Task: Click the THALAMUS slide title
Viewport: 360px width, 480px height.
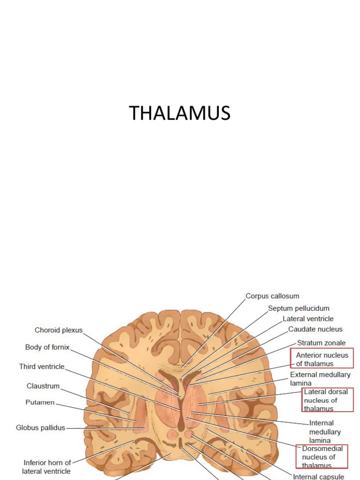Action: [x=180, y=114]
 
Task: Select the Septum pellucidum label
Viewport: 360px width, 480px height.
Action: [x=299, y=308]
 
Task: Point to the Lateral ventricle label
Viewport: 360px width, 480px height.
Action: [x=308, y=319]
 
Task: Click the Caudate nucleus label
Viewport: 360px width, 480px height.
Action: [x=315, y=329]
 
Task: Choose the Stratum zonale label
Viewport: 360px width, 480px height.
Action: [x=321, y=343]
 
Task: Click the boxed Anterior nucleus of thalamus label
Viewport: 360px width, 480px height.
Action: [x=322, y=359]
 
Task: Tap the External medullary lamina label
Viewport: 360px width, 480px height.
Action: [x=320, y=379]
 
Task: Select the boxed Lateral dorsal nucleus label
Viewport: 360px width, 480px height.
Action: [x=327, y=400]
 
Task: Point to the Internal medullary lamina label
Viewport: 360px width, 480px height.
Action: [x=325, y=432]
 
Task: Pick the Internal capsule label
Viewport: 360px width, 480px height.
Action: [x=318, y=477]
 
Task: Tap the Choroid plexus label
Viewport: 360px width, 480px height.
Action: [x=59, y=330]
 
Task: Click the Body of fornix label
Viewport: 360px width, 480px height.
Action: [x=47, y=347]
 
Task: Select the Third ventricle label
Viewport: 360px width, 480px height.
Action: [x=42, y=366]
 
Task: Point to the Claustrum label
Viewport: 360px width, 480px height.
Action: [x=43, y=386]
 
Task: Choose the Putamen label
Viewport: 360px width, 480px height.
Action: [x=40, y=402]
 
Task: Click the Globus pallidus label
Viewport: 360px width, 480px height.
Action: [x=40, y=427]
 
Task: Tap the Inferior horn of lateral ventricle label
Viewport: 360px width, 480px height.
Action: [x=47, y=467]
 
